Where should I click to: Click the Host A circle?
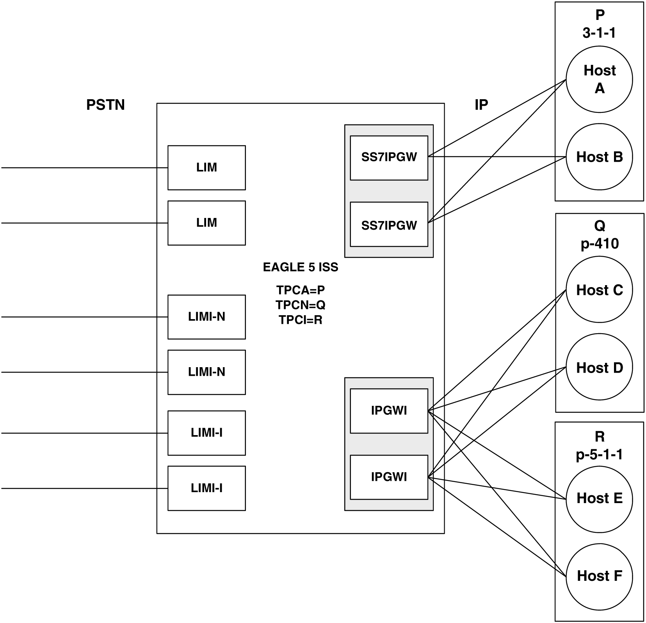599,80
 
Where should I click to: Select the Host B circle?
599,157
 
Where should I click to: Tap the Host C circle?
599,290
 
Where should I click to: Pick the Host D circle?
599,368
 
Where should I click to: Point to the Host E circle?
599,498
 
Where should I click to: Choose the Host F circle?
599,576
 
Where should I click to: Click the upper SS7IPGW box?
389,158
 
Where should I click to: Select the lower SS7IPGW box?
389,224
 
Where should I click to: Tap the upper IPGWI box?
389,411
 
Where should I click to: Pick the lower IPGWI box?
389,477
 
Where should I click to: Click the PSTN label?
105,105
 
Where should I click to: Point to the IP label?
481,105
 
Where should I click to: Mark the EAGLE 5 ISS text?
300,268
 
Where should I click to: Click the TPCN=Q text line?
300,305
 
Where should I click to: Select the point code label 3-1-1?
599,33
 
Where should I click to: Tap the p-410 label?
599,244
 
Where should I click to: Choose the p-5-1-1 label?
599,454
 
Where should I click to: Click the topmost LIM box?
206,168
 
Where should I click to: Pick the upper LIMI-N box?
206,317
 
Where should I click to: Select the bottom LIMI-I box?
206,488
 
